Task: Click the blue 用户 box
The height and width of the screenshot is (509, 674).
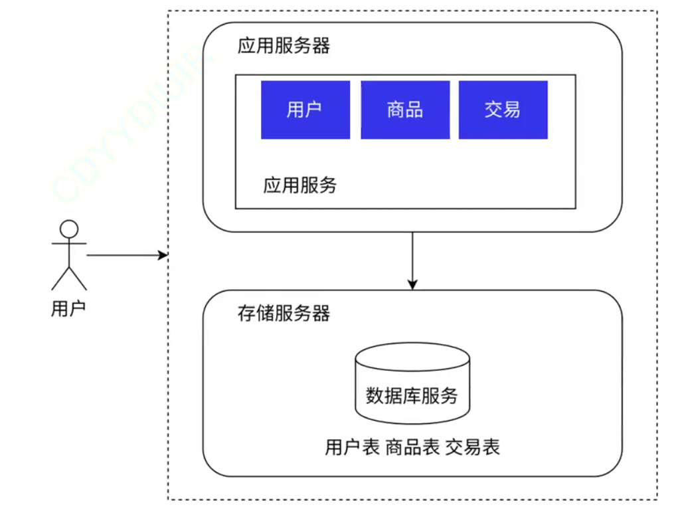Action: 305,110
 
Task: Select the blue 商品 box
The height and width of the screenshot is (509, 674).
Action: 405,110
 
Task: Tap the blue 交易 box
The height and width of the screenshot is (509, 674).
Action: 503,110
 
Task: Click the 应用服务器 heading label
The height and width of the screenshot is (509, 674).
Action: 284,47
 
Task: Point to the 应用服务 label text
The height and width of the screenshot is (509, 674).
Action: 299,185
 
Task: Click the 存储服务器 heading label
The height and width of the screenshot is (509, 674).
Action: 284,313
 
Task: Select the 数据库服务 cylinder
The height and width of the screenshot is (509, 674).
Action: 412,385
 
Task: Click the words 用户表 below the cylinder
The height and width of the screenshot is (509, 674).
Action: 352,447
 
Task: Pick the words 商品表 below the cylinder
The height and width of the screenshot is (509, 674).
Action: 412,447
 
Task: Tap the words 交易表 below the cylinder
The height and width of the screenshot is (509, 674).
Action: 472,447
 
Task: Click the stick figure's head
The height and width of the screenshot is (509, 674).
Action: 69,229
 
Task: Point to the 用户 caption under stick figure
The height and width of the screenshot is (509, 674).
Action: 68,309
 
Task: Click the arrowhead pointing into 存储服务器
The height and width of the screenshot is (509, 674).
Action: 412,284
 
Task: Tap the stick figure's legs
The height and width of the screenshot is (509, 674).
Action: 69,278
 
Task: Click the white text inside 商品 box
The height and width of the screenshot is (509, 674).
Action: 405,110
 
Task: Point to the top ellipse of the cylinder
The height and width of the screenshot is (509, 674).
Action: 412,357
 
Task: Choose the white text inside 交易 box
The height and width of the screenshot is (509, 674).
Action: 503,110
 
